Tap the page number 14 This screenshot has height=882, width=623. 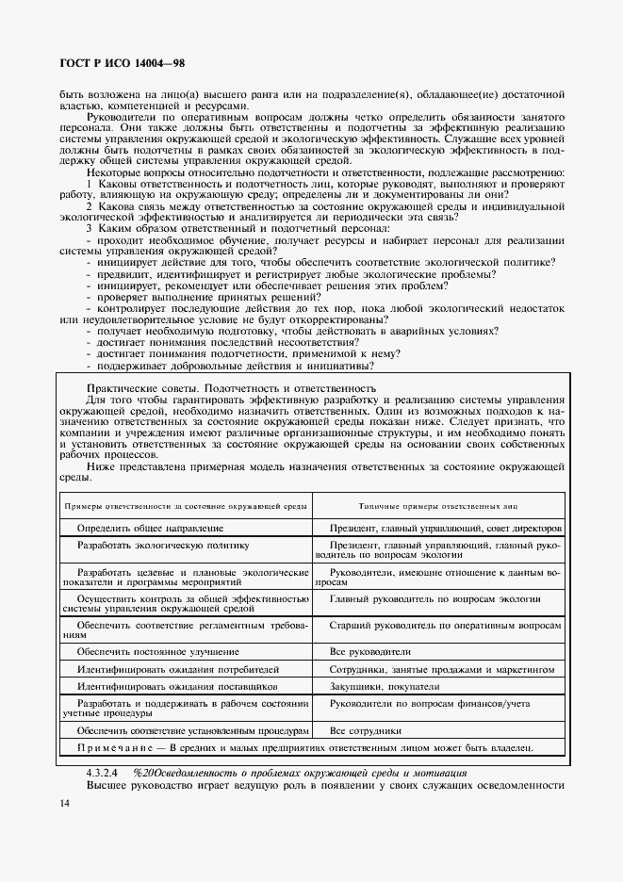64,803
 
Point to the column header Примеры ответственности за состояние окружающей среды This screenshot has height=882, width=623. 185,506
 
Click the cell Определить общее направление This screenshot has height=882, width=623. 150,529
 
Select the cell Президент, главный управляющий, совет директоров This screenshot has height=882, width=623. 445,529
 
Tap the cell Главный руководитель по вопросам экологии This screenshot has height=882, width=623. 434,599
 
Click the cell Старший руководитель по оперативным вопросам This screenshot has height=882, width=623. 445,626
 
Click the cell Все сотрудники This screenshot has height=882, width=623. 366,730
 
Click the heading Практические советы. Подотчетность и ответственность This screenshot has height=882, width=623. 231,388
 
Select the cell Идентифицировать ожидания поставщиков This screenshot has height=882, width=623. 176,687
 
